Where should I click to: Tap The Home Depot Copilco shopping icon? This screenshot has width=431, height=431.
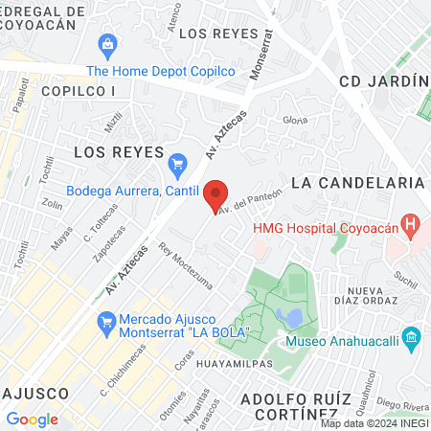[107, 44]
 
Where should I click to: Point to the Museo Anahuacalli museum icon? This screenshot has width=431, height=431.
[412, 337]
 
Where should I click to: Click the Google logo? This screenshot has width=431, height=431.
[32, 419]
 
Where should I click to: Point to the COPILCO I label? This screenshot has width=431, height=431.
[79, 90]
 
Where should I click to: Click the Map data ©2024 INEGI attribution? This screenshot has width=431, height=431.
[374, 423]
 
